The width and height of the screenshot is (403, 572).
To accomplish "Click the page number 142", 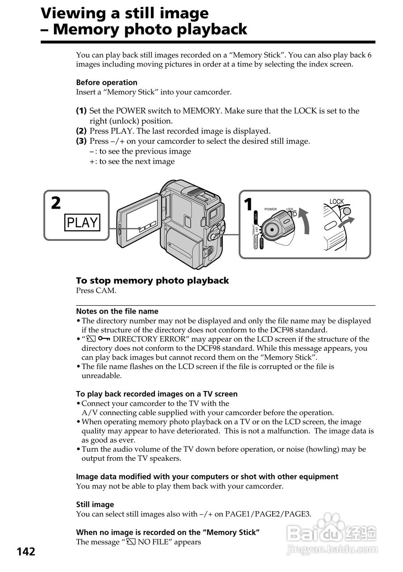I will click(26, 551).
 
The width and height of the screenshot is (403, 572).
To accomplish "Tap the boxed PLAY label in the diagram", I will click(82, 222).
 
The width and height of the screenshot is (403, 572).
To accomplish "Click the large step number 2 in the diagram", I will click(56, 203).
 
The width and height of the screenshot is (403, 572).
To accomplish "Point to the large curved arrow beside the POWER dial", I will click(304, 219).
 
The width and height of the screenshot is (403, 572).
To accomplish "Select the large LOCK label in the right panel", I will click(337, 202).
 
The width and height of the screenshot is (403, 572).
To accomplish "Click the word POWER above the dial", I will click(270, 209).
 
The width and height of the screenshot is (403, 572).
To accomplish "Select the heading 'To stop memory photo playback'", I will click(152, 281).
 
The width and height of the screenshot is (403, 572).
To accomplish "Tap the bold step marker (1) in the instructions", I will click(81, 110).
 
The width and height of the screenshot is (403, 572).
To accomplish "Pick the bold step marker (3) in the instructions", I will click(81, 141).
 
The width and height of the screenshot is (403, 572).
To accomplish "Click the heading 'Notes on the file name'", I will click(117, 311).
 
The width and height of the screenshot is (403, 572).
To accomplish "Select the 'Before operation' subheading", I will click(107, 82).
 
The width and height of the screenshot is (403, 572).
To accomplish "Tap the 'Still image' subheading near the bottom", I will click(95, 505).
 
